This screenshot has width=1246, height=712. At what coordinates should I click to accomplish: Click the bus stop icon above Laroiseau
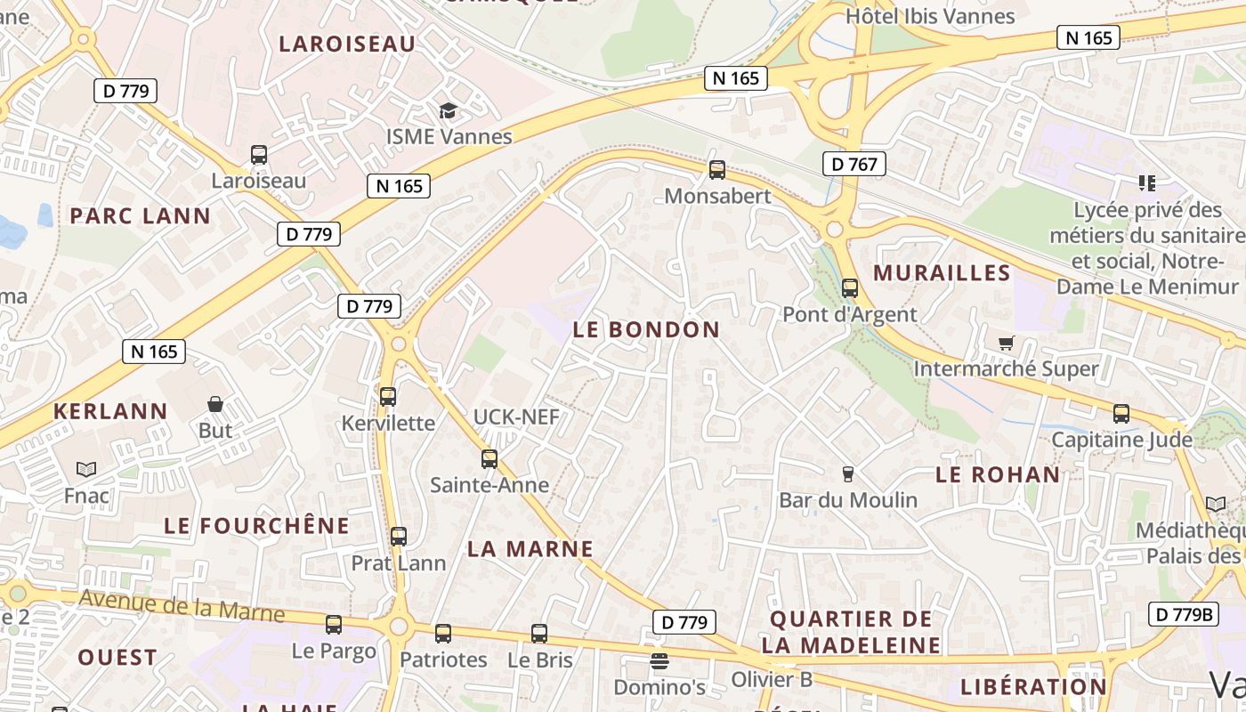pos(259,155)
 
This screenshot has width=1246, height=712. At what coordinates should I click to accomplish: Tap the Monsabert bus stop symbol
pos(716,170)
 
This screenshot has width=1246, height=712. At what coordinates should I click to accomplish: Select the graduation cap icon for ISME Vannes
pos(448,111)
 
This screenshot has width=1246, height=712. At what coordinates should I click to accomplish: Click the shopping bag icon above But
pos(215,404)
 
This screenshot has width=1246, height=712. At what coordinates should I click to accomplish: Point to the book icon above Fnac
pos(86,469)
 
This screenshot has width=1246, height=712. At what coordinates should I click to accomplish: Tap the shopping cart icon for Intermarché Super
pos(1007,343)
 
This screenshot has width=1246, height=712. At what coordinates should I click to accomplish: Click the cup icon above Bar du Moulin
pos(848,473)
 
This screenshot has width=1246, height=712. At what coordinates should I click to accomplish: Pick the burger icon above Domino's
pos(659,660)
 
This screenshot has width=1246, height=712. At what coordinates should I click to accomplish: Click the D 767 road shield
pos(854,164)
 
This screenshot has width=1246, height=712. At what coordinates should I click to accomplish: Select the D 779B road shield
pos(1183,614)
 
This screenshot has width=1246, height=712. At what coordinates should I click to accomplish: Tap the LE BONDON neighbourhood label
pos(646,329)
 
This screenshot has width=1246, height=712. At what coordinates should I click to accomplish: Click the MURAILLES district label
pos(943,272)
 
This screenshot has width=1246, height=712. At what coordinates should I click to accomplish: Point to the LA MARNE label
pos(530,549)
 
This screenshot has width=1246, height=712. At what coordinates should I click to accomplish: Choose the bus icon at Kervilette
pos(388,396)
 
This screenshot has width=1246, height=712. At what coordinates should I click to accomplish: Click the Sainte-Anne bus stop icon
pos(489,459)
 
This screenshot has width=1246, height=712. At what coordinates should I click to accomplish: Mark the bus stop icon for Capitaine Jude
pos(1121,414)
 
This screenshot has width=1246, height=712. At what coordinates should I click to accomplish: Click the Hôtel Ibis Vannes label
pos(930,16)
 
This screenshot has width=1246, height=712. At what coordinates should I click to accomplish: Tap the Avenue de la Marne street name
pos(182,606)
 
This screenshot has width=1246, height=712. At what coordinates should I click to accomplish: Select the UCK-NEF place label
pos(516,417)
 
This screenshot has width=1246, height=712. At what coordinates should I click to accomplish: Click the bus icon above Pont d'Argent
pos(850,288)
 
